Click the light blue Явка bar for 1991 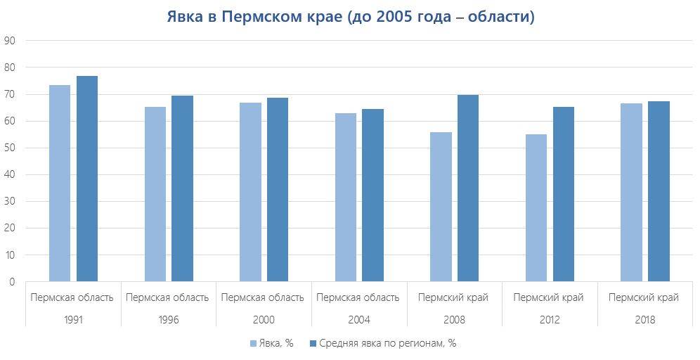pyautogui.click(x=60, y=184)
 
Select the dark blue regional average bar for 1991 pyautogui.click(x=87, y=179)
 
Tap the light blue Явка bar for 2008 pyautogui.click(x=441, y=207)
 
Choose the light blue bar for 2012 pyautogui.click(x=536, y=208)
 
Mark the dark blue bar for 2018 pyautogui.click(x=659, y=191)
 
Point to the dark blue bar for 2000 pyautogui.click(x=278, y=190)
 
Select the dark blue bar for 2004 pyautogui.click(x=372, y=195)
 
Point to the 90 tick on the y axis pyautogui.click(x=10, y=41)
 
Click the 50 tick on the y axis pyautogui.click(x=10, y=148)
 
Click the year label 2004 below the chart pyautogui.click(x=358, y=319)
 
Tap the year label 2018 pyautogui.click(x=644, y=319)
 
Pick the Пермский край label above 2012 pyautogui.click(x=549, y=297)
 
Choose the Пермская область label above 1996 pyautogui.click(x=167, y=297)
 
